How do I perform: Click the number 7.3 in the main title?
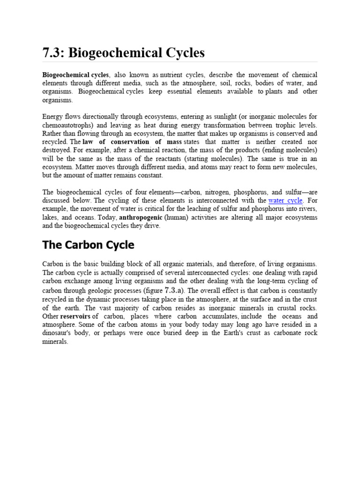coord(53,52)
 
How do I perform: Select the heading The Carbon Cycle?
coord(88,245)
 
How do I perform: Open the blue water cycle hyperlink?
coord(285,201)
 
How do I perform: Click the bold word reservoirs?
coord(76,316)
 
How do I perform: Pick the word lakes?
coord(51,217)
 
